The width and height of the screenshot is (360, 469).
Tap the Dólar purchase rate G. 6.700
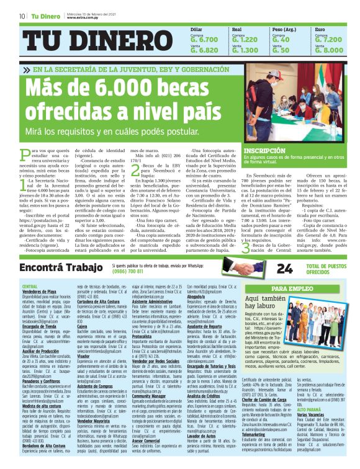click(x=204, y=39)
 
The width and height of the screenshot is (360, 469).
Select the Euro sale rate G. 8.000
click(x=329, y=50)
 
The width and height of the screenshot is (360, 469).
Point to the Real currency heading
click(x=236, y=29)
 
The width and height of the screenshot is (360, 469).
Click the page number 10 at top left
click(x=22, y=16)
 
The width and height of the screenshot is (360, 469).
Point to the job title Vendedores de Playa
click(x=39, y=291)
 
